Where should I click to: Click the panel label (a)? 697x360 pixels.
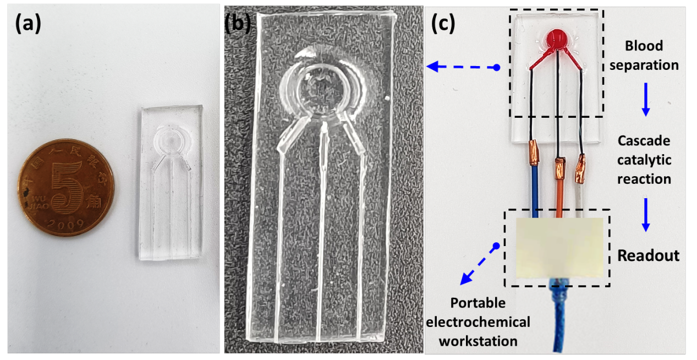28,24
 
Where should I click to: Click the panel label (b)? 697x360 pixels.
238,24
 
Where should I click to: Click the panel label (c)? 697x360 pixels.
443,24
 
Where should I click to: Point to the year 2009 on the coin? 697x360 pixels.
66,223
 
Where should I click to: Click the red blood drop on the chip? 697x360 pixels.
557,39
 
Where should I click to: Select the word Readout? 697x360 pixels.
648,255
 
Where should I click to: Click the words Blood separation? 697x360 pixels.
644,56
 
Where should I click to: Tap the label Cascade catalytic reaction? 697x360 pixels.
644,160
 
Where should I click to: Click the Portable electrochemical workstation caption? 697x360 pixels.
478,322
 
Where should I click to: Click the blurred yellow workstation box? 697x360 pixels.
559,248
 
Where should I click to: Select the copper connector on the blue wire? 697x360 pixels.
533,152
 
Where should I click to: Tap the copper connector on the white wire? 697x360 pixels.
580,168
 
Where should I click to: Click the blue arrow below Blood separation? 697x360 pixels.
646,100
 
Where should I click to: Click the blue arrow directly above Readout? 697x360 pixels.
646,215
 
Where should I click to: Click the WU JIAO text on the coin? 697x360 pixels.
39,202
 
